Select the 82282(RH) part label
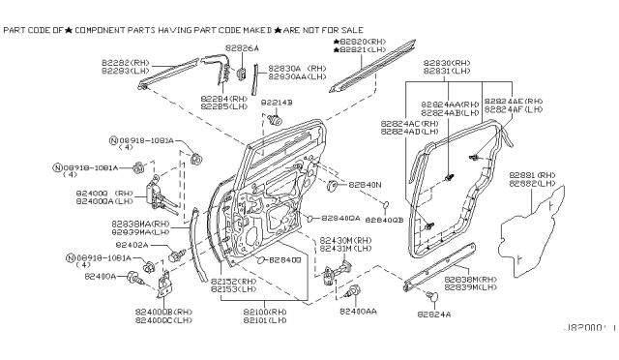(x=121, y=60)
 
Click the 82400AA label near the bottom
(x=358, y=312)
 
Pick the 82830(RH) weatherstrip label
(x=447, y=61)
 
